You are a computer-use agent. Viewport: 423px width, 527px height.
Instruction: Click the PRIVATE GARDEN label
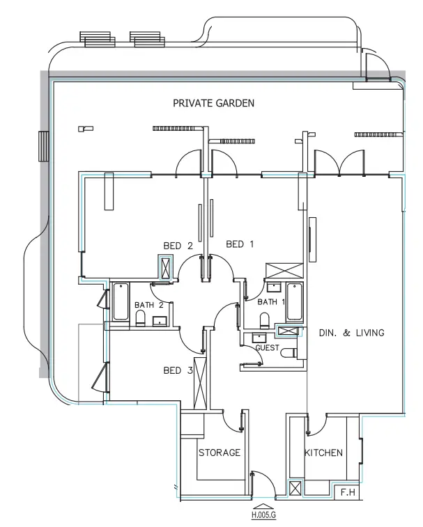click(x=213, y=103)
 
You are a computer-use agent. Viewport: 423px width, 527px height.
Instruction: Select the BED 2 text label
click(x=178, y=246)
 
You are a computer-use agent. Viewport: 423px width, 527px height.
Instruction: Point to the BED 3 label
click(x=178, y=370)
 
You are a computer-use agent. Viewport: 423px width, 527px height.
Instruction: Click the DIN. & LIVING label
click(x=351, y=333)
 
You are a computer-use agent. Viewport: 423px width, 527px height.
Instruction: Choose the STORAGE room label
click(x=220, y=453)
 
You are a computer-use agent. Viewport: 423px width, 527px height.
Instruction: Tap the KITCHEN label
click(x=323, y=453)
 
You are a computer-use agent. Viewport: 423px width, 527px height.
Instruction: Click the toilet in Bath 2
click(x=140, y=318)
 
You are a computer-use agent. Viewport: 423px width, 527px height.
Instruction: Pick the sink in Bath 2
click(x=160, y=320)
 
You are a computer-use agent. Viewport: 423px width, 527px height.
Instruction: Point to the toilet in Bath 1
click(x=264, y=320)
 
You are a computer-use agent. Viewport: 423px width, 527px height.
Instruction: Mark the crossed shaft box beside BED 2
click(x=167, y=267)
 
